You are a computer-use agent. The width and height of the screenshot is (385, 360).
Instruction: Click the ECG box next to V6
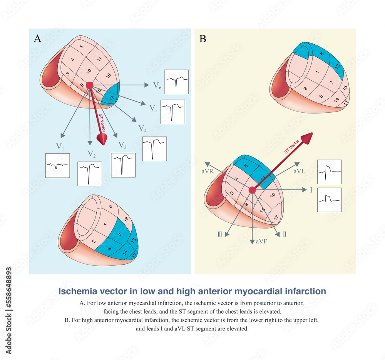point(176,82)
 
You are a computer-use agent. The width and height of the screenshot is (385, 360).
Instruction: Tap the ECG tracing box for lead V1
point(57,165)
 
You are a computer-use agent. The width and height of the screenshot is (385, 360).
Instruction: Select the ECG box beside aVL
point(329,172)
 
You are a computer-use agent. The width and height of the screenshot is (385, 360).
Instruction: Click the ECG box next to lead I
point(329,200)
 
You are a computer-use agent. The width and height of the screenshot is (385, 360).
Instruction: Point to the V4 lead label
point(142,128)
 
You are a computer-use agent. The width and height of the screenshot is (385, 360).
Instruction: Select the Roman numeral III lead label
point(220,233)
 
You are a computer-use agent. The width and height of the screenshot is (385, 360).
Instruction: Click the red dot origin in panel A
point(90,86)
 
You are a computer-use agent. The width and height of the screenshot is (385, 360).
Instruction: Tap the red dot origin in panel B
point(252,190)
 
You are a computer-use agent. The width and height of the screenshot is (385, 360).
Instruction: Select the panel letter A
point(37,38)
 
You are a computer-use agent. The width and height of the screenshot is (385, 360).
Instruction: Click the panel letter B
point(203,38)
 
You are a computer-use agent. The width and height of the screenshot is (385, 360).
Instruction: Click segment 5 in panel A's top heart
point(82,47)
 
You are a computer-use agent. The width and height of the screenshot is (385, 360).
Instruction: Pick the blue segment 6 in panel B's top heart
point(321,54)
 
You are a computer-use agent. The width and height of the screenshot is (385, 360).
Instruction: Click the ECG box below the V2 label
point(90,174)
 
